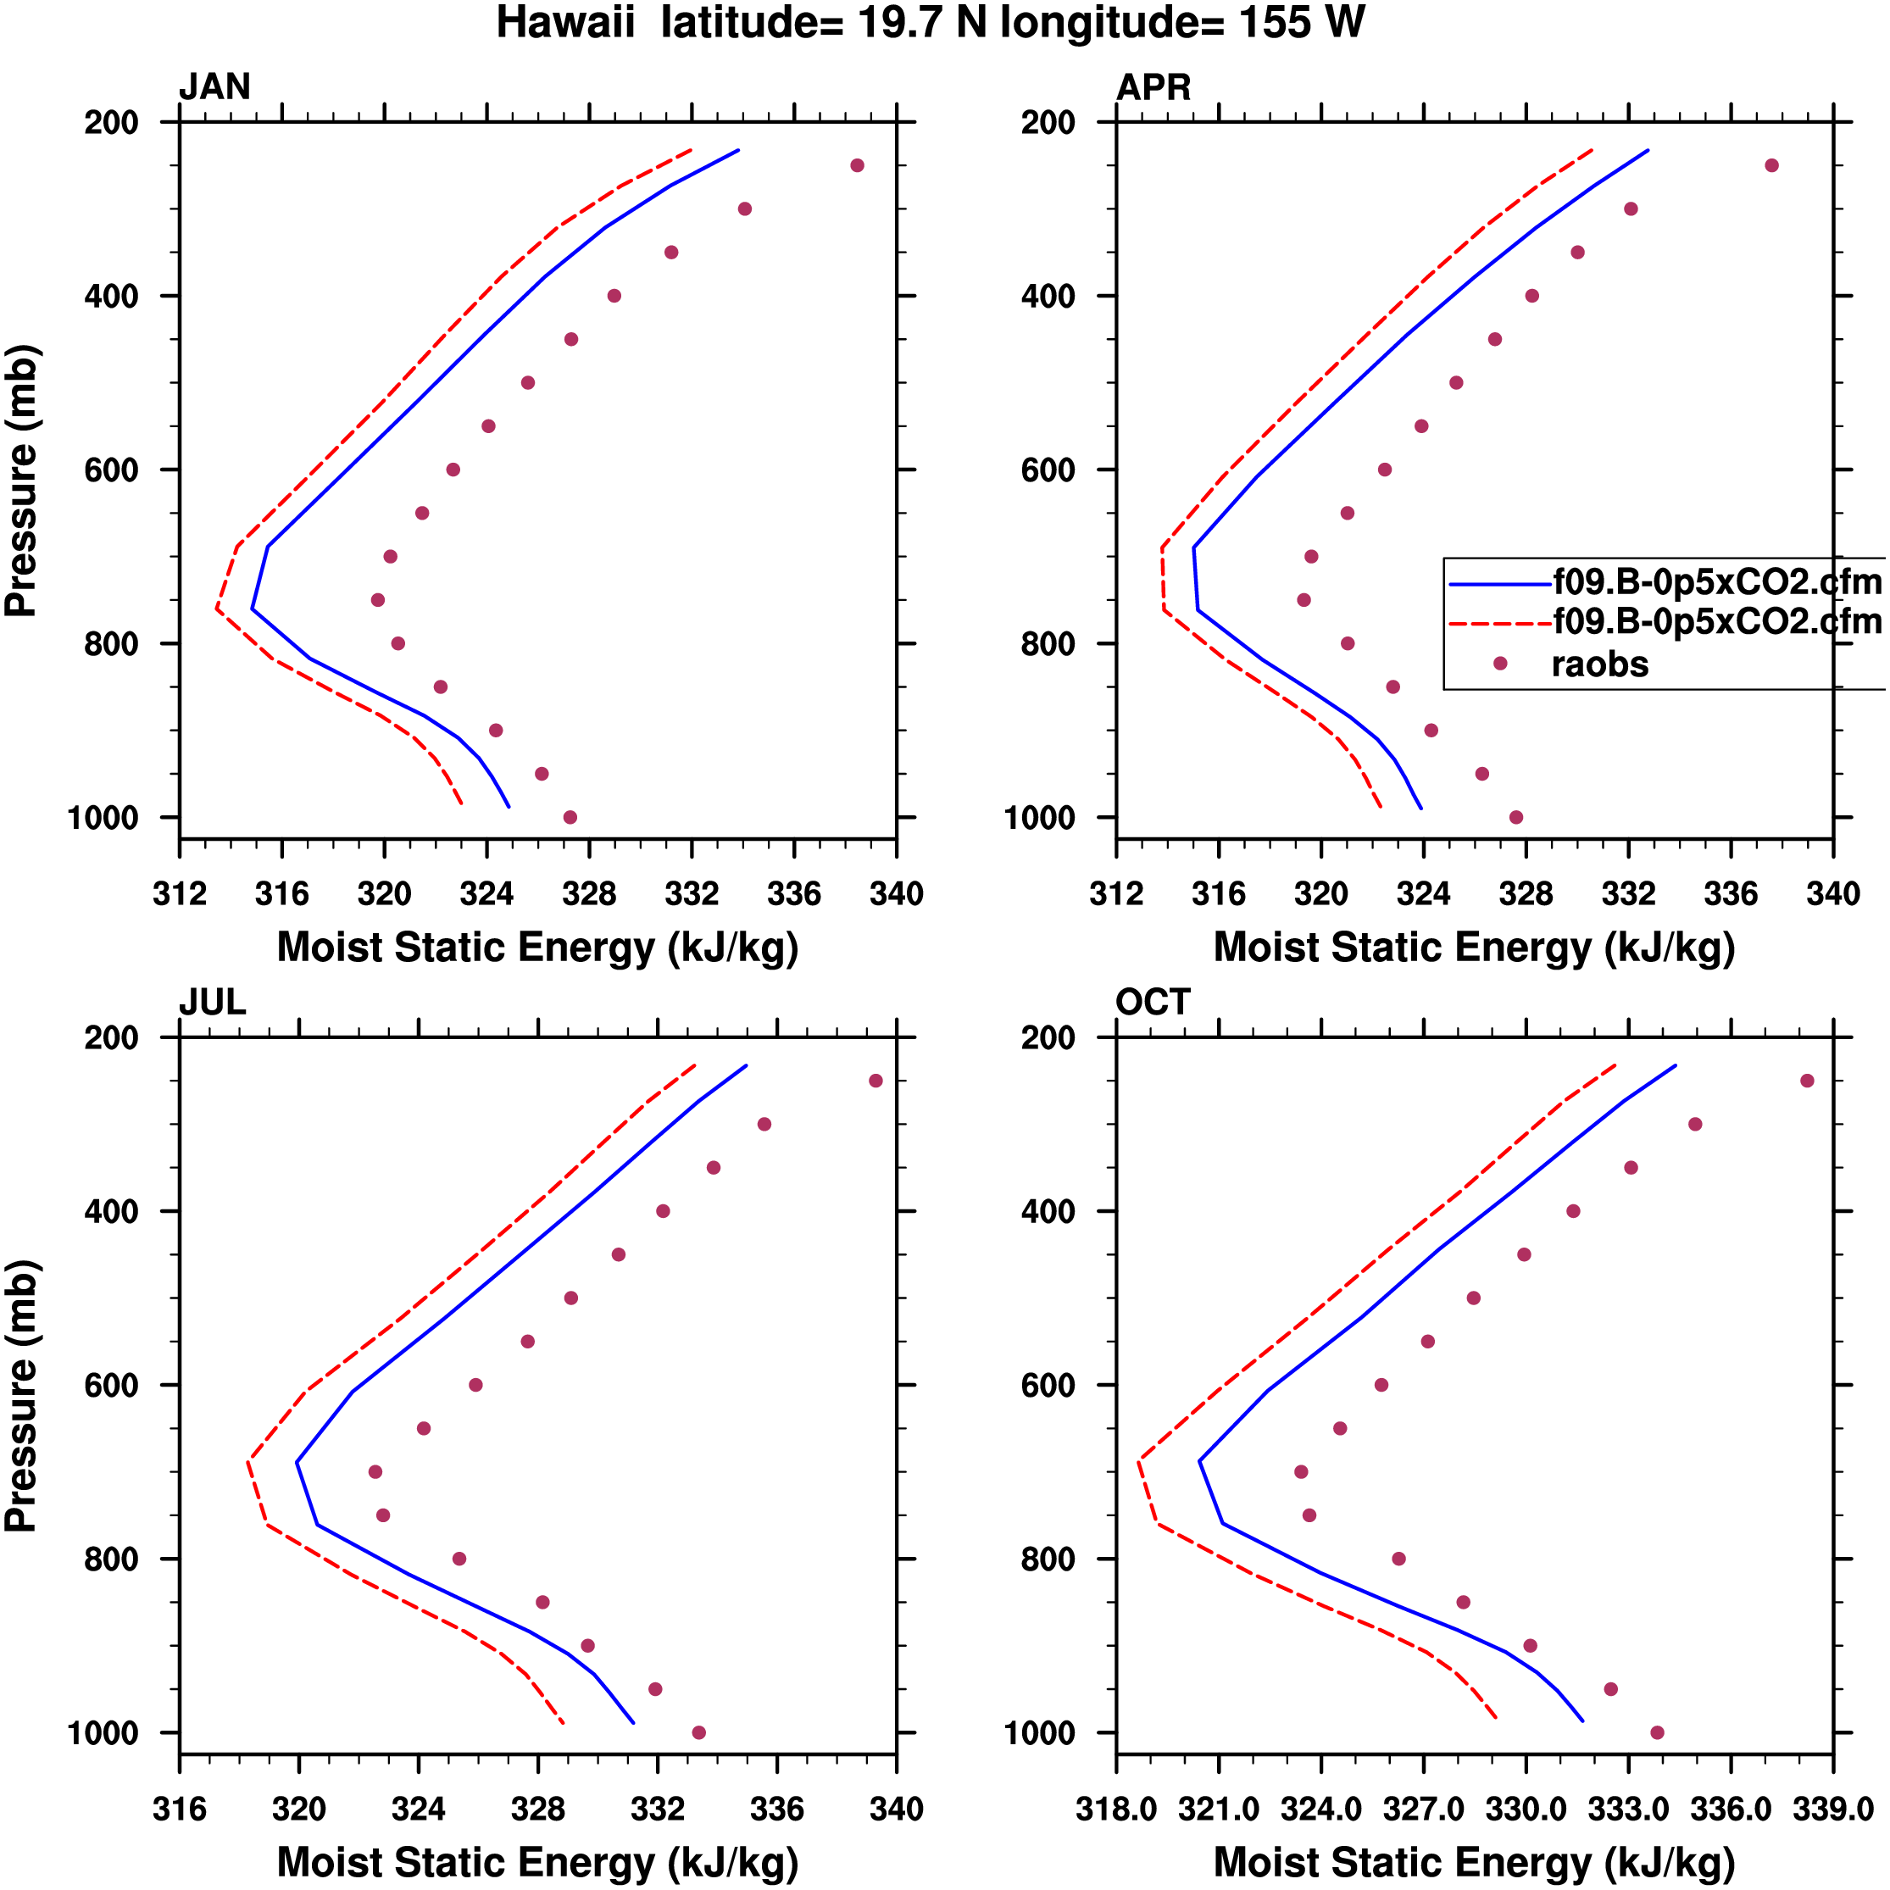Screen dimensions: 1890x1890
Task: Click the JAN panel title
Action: point(214,87)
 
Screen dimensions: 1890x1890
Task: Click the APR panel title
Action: point(1153,87)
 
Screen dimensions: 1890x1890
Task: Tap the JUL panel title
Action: point(212,1002)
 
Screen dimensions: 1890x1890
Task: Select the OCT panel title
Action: point(1153,1002)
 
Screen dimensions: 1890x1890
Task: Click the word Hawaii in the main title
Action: point(565,23)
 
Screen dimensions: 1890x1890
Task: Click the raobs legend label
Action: point(1599,664)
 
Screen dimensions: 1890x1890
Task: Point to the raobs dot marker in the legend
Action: point(1499,664)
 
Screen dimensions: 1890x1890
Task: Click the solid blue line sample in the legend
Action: point(1499,584)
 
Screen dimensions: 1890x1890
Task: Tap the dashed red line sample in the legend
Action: point(1499,623)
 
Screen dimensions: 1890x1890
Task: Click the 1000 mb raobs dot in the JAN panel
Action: point(570,817)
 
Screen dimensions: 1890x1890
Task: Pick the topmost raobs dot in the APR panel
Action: point(1771,165)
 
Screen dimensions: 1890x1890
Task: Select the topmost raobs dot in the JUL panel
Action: point(876,1081)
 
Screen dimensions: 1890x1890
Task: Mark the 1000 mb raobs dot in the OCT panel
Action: point(1657,1732)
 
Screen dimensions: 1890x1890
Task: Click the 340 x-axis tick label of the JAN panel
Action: point(896,894)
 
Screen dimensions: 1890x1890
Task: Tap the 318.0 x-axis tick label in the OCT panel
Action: point(1116,1809)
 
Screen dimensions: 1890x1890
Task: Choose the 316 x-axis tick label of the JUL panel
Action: point(180,1809)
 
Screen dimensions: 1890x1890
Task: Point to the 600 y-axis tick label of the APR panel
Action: point(1048,470)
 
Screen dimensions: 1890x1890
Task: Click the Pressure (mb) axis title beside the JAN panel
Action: point(21,481)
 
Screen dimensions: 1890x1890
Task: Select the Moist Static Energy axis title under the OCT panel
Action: point(1474,1862)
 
